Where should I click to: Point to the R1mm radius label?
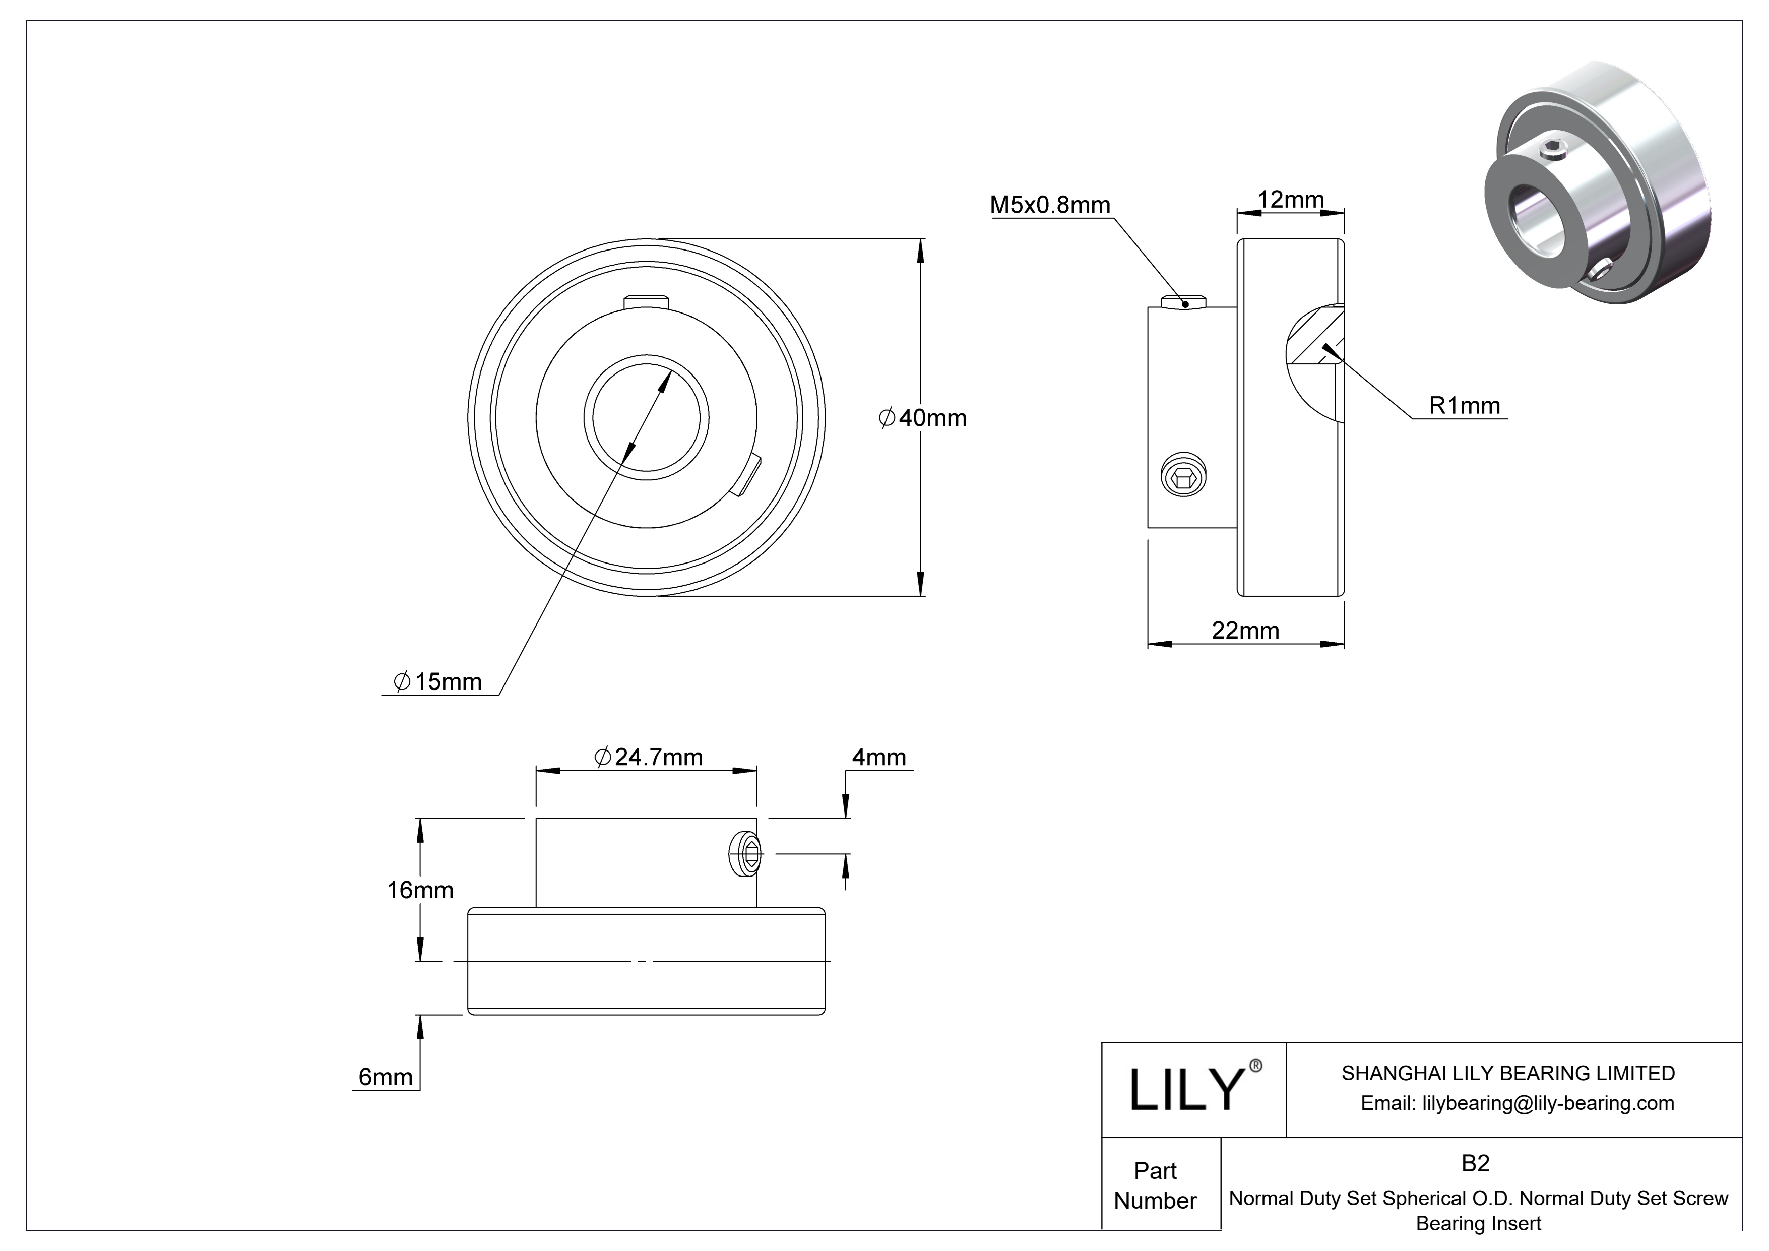1464,405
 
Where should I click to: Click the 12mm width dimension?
1291,200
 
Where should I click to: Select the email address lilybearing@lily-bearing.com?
1517,1103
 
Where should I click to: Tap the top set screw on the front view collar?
646,300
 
